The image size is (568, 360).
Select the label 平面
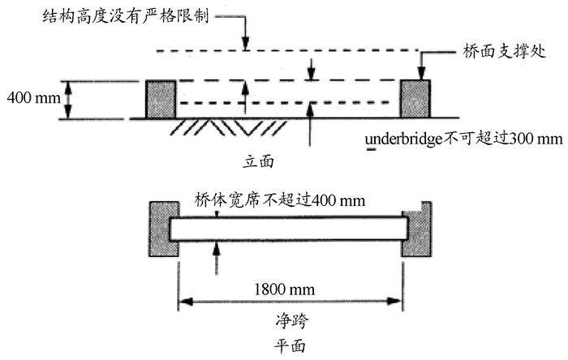coord(289,345)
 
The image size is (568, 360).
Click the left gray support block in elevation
coord(161,99)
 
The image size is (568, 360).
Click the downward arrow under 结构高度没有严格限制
coord(245,41)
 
